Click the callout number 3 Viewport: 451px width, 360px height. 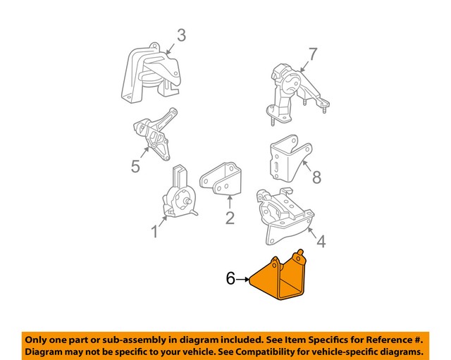tap(181, 35)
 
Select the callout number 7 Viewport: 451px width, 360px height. tap(313, 53)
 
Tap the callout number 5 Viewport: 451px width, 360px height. tap(135, 166)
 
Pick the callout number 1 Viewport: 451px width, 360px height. tap(154, 231)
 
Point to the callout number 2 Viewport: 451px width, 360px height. tap(229, 218)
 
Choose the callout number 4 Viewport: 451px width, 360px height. tap(321, 242)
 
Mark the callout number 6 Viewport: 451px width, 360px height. tap(230, 279)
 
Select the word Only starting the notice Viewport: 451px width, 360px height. tap(39, 337)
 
